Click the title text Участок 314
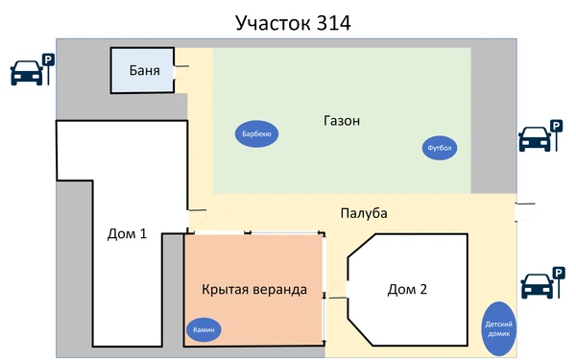click(287, 21)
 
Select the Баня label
click(144, 70)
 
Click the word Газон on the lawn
click(342, 121)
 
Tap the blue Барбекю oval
click(256, 134)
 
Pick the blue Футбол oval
click(440, 148)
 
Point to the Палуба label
click(363, 212)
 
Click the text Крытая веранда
click(254, 289)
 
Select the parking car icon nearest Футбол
click(535, 141)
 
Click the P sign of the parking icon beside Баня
click(47, 60)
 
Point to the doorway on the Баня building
click(176, 72)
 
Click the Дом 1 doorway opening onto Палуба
click(188, 222)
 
